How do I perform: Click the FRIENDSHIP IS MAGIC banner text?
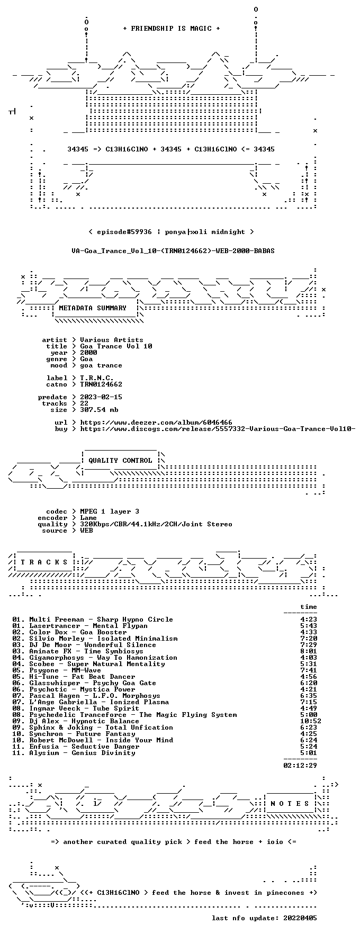[172, 29]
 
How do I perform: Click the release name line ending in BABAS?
[173, 251]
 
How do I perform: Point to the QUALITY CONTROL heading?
[120, 461]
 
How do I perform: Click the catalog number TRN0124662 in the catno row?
[101, 384]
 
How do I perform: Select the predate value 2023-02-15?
[101, 397]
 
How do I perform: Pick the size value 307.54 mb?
[99, 410]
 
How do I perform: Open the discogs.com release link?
[218, 429]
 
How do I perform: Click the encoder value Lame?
[88, 518]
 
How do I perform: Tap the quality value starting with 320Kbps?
[156, 524]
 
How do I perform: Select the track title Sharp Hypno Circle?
[135, 619]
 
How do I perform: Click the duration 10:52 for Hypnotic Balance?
[311, 721]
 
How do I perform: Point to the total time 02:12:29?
[300, 766]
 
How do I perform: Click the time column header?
[309, 607]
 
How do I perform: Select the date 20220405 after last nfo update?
[300, 918]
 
